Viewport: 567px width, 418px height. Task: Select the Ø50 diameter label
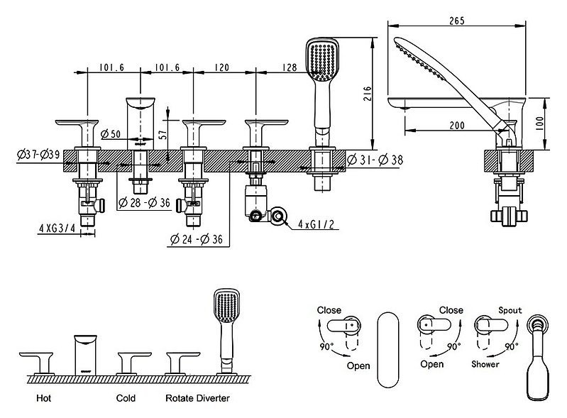pyautogui.click(x=112, y=134)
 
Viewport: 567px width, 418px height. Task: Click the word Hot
pyautogui.click(x=43, y=398)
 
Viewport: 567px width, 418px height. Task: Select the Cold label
pyautogui.click(x=126, y=398)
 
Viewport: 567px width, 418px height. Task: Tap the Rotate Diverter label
pyautogui.click(x=198, y=398)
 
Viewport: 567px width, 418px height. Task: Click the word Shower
pyautogui.click(x=485, y=364)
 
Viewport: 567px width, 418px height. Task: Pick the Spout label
pyautogui.click(x=510, y=311)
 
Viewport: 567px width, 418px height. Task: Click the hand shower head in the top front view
pyautogui.click(x=319, y=60)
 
